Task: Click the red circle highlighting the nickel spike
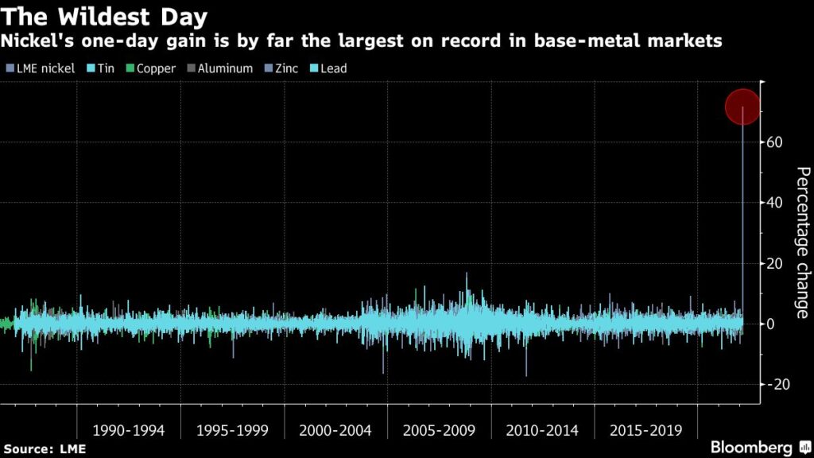coord(743,107)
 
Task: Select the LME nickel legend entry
coord(41,68)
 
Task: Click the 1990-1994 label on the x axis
coord(129,430)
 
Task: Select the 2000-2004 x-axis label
coord(335,430)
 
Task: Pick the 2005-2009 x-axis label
coord(439,430)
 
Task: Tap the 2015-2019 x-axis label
coord(645,430)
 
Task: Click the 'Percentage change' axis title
coord(802,242)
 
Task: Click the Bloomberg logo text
coord(751,447)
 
